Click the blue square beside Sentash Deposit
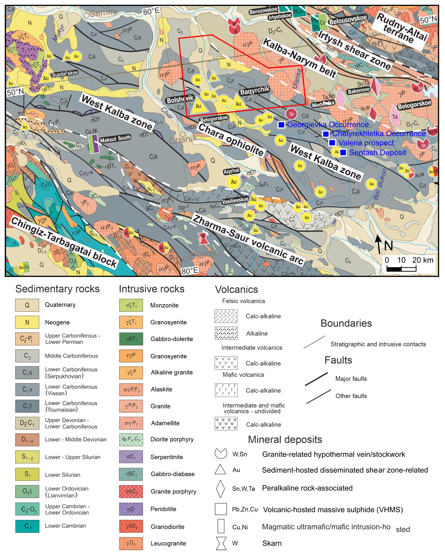pyautogui.click(x=343, y=153)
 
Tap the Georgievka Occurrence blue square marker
pyautogui.click(x=281, y=125)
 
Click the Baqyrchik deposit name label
pyautogui.click(x=255, y=90)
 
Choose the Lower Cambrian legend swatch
pyautogui.click(x=27, y=526)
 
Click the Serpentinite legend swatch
pyautogui.click(x=131, y=457)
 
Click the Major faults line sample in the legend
pyautogui.click(x=316, y=379)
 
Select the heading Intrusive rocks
pyautogui.click(x=152, y=289)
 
